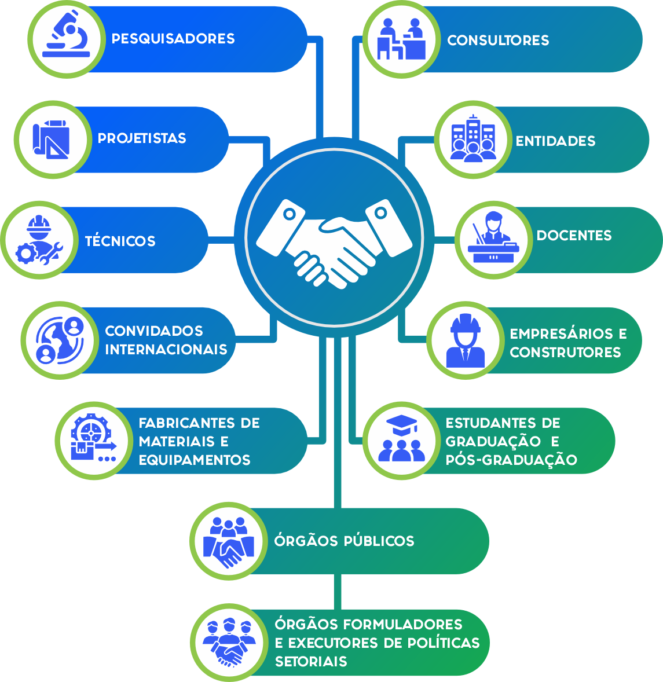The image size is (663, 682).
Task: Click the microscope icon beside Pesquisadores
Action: (67, 39)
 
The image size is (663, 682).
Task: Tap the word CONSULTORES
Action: (498, 41)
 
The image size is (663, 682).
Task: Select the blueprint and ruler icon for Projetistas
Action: (52, 139)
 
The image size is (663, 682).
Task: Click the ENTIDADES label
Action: (555, 141)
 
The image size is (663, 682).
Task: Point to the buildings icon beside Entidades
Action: (473, 139)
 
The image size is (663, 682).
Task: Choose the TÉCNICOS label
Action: (120, 241)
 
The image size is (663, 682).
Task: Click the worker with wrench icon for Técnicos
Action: (39, 240)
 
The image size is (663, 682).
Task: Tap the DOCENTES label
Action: (574, 236)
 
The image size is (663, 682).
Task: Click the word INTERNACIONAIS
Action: (166, 350)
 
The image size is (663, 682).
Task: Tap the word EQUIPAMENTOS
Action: (195, 460)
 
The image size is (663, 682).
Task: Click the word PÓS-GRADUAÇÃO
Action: (511, 460)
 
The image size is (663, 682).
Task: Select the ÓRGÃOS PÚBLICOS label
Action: (344, 541)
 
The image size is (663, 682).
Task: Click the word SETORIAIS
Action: (311, 662)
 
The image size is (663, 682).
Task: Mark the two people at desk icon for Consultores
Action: (401, 39)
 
